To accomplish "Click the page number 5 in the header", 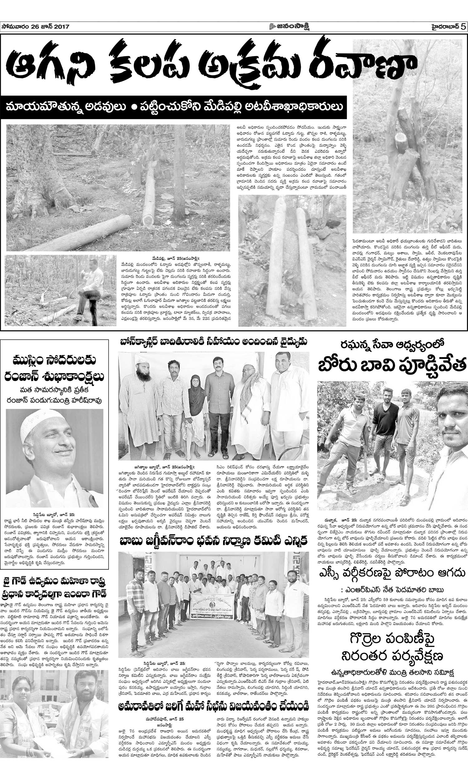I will (x=463, y=27).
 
